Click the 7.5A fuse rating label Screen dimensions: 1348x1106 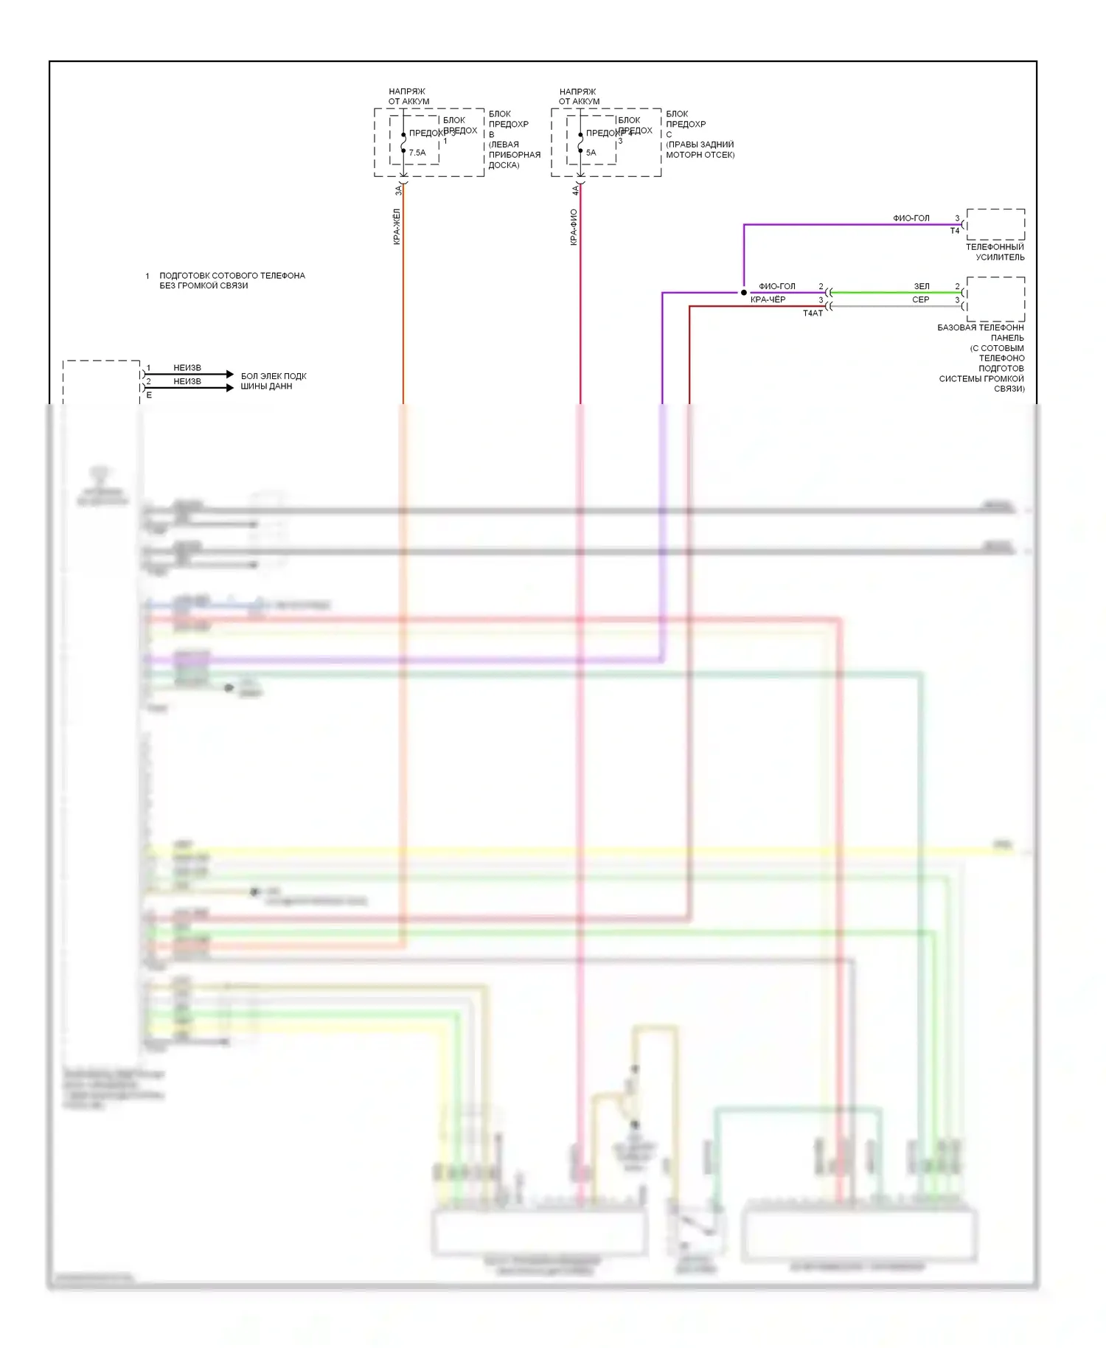pos(417,153)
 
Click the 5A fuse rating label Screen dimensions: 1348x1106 pos(591,153)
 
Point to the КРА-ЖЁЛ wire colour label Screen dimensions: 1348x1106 pos(397,226)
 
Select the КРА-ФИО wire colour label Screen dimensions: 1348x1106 pos(574,226)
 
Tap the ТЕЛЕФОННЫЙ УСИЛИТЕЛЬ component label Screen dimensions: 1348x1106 pos(995,252)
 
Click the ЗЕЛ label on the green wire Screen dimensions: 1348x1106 pos(922,286)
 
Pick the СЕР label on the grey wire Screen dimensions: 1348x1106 pos(921,299)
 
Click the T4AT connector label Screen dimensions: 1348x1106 pos(813,313)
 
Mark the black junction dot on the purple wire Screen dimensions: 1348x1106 pos(744,293)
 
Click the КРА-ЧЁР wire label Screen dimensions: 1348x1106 pos(768,299)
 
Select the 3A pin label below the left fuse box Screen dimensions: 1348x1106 pos(398,190)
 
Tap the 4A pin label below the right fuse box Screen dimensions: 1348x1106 pos(575,190)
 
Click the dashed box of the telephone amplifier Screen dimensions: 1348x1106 pos(995,224)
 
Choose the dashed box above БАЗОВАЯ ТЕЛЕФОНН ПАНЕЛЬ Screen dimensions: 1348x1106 pos(995,299)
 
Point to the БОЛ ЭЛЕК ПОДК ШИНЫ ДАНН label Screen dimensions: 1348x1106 pos(273,381)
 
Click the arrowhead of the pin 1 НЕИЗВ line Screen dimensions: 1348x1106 pos(230,375)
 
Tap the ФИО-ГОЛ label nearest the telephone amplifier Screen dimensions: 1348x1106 pos(911,218)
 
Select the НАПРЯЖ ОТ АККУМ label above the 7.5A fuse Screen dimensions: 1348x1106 pos(408,97)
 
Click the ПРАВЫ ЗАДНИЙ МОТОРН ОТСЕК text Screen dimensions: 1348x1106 pos(700,150)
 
